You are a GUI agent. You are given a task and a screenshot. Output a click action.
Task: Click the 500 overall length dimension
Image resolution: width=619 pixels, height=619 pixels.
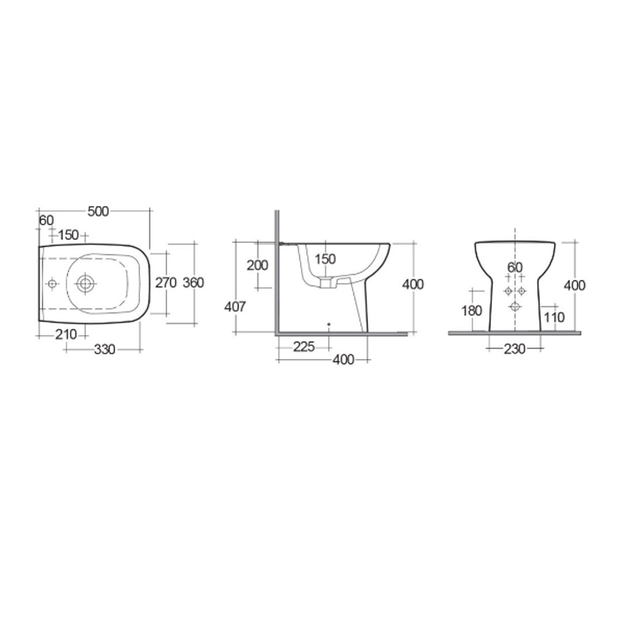pyautogui.click(x=98, y=211)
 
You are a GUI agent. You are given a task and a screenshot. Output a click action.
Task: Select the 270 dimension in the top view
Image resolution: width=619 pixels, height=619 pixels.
pyautogui.click(x=165, y=283)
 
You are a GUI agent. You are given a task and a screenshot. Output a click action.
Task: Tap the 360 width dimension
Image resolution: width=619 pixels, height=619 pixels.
pyautogui.click(x=193, y=283)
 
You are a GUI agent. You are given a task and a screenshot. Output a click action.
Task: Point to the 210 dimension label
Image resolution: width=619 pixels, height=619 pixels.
pyautogui.click(x=66, y=334)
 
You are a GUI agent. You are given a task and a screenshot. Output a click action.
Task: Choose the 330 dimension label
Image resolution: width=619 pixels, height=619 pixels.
pyautogui.click(x=104, y=350)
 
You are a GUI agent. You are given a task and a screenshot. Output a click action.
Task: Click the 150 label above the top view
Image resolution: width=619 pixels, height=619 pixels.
pyautogui.click(x=68, y=235)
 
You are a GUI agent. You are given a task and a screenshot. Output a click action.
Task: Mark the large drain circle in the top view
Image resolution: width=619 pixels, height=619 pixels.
pyautogui.click(x=85, y=284)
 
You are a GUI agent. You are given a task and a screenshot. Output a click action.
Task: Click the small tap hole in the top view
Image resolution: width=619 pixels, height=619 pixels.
pyautogui.click(x=52, y=284)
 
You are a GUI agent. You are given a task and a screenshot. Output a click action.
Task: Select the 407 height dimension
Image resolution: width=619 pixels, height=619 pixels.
pyautogui.click(x=235, y=307)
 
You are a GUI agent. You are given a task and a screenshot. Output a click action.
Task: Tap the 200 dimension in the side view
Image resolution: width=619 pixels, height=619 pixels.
pyautogui.click(x=257, y=265)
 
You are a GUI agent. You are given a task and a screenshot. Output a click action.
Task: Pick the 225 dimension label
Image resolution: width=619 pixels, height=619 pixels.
pyautogui.click(x=304, y=347)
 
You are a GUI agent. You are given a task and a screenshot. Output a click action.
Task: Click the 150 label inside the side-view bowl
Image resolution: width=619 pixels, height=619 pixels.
pyautogui.click(x=325, y=259)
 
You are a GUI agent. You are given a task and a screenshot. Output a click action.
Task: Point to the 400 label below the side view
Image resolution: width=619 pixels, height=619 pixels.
pyautogui.click(x=343, y=360)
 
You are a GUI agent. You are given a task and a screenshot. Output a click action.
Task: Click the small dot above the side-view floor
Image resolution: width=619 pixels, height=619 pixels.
pyautogui.click(x=328, y=324)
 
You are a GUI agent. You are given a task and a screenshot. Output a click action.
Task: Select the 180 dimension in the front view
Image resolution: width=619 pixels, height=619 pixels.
pyautogui.click(x=472, y=310)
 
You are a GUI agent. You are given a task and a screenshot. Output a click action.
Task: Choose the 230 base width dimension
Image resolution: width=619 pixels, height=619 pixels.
pyautogui.click(x=515, y=349)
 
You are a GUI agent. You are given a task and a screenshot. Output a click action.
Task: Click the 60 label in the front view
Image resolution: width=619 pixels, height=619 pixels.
pyautogui.click(x=515, y=267)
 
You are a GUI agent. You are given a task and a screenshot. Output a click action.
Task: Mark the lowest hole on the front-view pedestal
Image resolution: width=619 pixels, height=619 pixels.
pyautogui.click(x=515, y=306)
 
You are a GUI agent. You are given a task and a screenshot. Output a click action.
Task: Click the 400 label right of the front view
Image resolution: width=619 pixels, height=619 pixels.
pyautogui.click(x=574, y=285)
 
